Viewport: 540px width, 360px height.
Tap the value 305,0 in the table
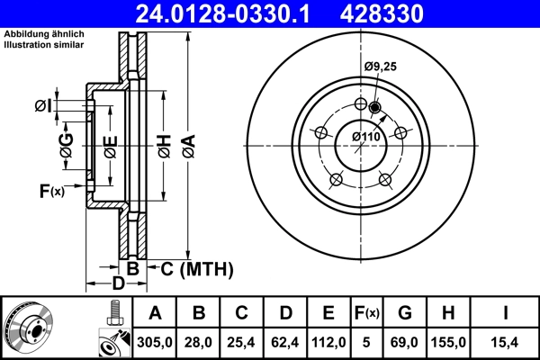tap(156, 341)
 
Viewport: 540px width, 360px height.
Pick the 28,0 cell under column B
tap(200, 341)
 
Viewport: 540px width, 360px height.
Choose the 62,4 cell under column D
tap(286, 341)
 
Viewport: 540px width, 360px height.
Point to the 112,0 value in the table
tap(329, 341)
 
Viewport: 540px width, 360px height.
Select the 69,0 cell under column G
tap(405, 341)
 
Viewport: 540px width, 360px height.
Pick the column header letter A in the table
tap(156, 313)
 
